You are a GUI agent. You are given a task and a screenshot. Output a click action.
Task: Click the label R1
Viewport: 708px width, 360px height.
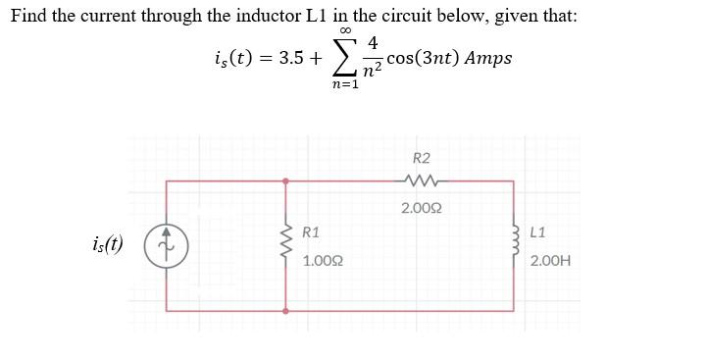tap(310, 232)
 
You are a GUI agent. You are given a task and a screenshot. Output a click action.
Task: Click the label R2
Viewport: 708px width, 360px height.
tap(422, 157)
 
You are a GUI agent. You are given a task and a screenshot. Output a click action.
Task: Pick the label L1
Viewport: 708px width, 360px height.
tap(537, 232)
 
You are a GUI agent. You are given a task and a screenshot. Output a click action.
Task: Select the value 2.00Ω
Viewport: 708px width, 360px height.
tap(420, 208)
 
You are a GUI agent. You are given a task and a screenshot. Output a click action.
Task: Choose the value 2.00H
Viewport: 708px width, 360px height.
tap(550, 262)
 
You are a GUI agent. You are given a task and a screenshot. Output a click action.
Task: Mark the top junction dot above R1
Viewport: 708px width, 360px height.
tap(286, 180)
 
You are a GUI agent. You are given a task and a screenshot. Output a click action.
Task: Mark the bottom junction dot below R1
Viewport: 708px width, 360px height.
tap(286, 310)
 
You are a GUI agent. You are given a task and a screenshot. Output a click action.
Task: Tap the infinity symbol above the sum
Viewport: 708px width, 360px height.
tap(344, 32)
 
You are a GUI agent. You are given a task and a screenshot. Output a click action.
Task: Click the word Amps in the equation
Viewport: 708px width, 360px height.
tap(488, 57)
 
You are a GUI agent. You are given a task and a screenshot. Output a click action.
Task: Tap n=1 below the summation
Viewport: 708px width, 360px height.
tap(344, 85)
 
